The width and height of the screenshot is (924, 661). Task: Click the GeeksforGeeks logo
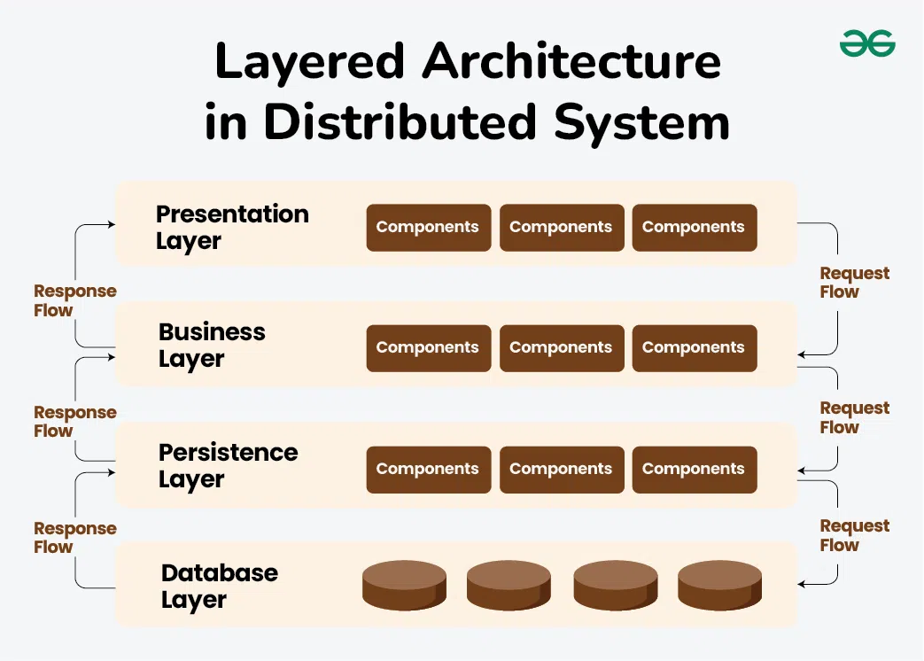[x=867, y=43]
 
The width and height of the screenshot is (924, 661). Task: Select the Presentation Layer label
[x=232, y=227]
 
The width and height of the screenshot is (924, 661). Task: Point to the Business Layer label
[x=212, y=345]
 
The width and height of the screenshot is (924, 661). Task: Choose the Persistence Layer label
[x=228, y=465]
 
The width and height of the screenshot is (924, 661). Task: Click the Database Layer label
[x=219, y=586]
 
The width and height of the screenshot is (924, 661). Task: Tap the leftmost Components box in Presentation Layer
[x=428, y=228]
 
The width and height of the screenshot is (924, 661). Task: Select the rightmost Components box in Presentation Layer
[x=694, y=228]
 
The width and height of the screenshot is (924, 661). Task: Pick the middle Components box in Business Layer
[x=561, y=348]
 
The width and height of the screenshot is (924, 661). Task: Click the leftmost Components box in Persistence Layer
[x=428, y=470]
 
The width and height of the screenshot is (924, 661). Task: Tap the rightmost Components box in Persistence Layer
[x=694, y=470]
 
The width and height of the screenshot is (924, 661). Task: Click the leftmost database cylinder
[x=404, y=585]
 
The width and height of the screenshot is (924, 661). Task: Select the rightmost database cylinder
[x=719, y=585]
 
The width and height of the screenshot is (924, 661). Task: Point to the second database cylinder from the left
[x=509, y=585]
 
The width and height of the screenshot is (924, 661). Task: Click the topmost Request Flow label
[x=854, y=283]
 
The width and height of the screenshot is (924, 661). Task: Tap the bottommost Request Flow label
[x=854, y=535]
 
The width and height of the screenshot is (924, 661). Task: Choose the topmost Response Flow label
[x=74, y=300]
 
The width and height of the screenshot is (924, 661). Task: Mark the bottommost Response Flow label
[x=74, y=538]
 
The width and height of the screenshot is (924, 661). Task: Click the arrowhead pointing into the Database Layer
[x=802, y=584]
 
